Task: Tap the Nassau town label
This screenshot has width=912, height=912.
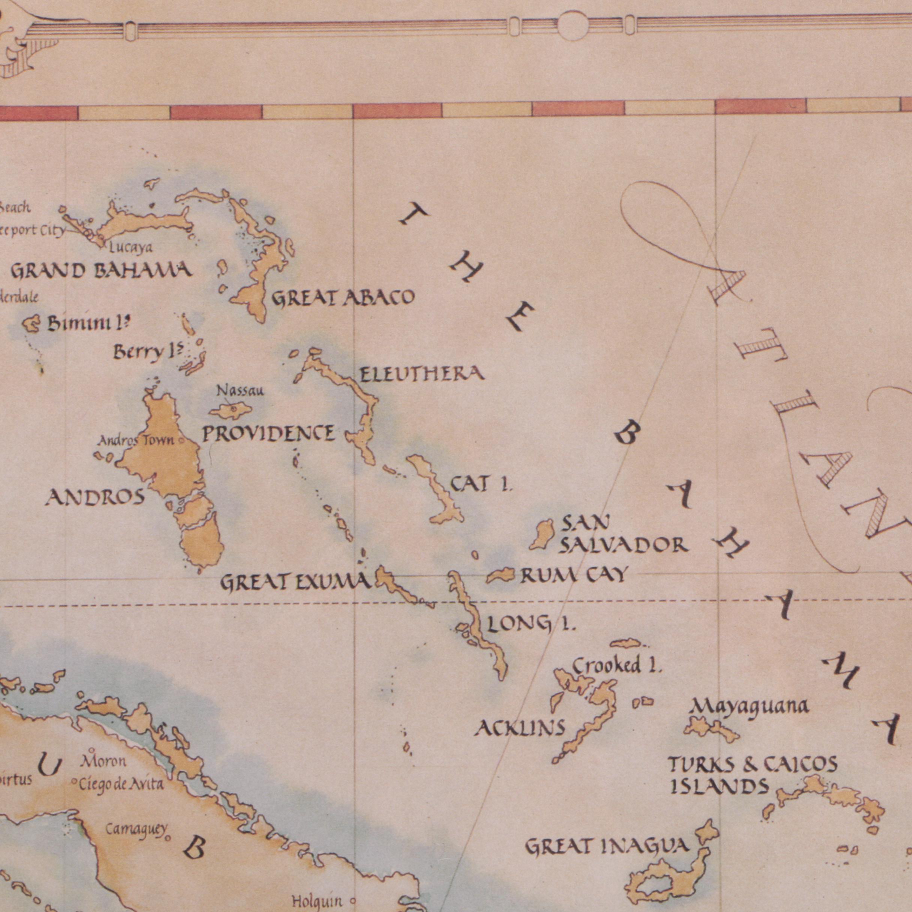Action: (x=240, y=390)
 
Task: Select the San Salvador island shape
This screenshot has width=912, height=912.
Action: (x=541, y=534)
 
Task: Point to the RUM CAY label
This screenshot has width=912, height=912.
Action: (x=574, y=575)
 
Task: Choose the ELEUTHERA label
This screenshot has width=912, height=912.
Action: (x=422, y=374)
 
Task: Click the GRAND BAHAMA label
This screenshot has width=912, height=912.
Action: (x=101, y=271)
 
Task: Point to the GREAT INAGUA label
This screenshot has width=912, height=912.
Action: (x=607, y=846)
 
